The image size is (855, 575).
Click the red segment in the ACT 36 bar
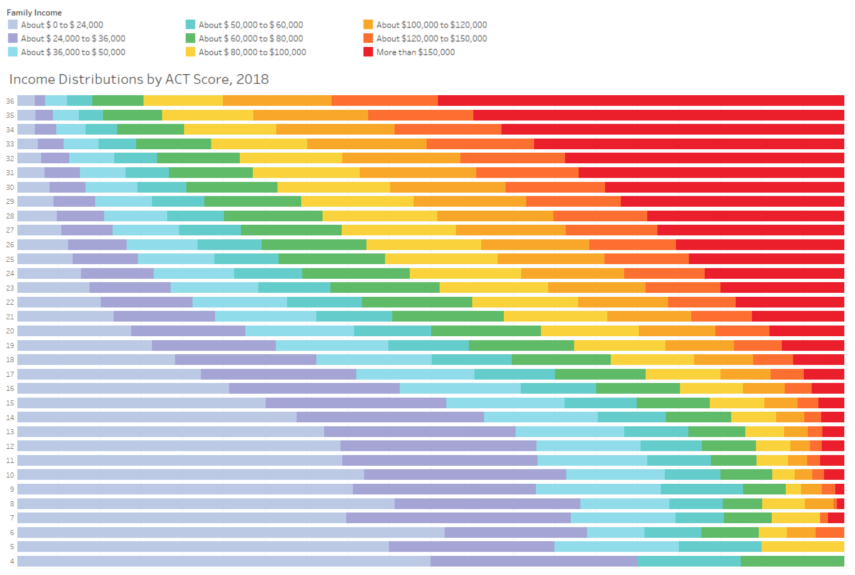click(x=641, y=101)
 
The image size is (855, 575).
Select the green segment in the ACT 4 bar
click(x=792, y=561)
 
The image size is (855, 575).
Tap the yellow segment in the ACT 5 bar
click(x=803, y=546)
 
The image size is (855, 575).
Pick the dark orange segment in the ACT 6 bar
click(x=830, y=532)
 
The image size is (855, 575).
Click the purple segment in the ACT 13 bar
click(x=419, y=431)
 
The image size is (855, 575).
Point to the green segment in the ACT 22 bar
click(x=417, y=302)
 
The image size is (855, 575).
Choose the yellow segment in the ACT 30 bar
click(x=333, y=187)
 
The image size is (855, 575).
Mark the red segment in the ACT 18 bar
click(x=818, y=359)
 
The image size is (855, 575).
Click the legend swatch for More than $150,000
click(x=368, y=52)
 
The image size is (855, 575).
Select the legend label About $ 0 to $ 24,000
click(x=62, y=25)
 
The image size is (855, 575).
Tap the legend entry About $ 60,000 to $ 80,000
click(x=250, y=38)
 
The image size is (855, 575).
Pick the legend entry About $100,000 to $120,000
click(x=431, y=25)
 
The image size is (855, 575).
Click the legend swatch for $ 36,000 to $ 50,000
click(x=13, y=52)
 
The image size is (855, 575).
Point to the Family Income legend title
click(x=34, y=12)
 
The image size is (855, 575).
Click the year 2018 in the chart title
click(x=252, y=79)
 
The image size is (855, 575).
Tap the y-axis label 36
click(x=10, y=101)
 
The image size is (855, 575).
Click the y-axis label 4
click(x=12, y=561)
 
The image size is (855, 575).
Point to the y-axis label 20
click(x=10, y=331)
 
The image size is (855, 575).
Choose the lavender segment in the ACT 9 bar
click(x=185, y=489)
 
